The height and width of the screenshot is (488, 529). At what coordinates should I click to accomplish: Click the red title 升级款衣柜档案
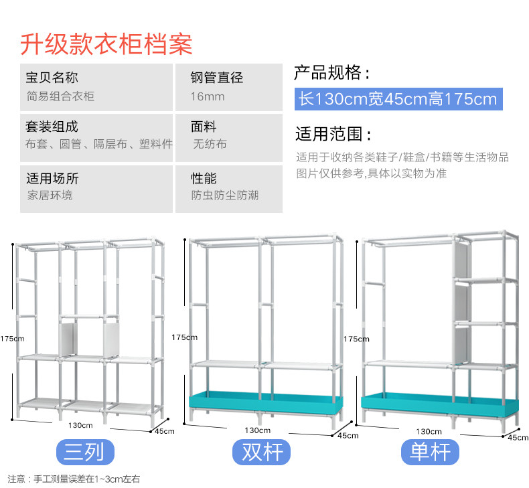(x=106, y=44)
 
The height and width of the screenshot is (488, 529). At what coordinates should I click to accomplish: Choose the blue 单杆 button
(x=430, y=453)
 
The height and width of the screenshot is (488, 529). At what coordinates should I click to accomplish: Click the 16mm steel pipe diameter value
(x=208, y=96)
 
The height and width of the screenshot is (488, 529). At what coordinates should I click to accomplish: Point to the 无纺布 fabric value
(x=210, y=144)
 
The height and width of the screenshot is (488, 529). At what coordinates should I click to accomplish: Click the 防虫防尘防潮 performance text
(x=224, y=195)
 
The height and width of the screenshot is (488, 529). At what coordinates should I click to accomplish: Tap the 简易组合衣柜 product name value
(x=60, y=96)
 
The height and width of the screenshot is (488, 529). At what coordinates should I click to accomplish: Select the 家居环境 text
(x=50, y=195)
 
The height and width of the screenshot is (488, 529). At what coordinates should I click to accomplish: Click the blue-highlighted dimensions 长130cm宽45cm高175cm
(x=398, y=99)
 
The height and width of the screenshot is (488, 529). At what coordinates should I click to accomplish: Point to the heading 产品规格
(x=332, y=73)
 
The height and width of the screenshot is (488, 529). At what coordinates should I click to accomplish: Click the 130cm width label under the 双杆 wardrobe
(x=258, y=430)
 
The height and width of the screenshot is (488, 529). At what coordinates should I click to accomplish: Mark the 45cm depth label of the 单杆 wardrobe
(x=518, y=437)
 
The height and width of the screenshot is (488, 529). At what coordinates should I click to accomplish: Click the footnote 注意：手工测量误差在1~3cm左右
(x=74, y=479)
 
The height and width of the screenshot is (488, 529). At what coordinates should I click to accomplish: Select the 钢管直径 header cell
(x=217, y=78)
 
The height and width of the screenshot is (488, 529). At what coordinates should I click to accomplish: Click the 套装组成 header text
(x=52, y=126)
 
